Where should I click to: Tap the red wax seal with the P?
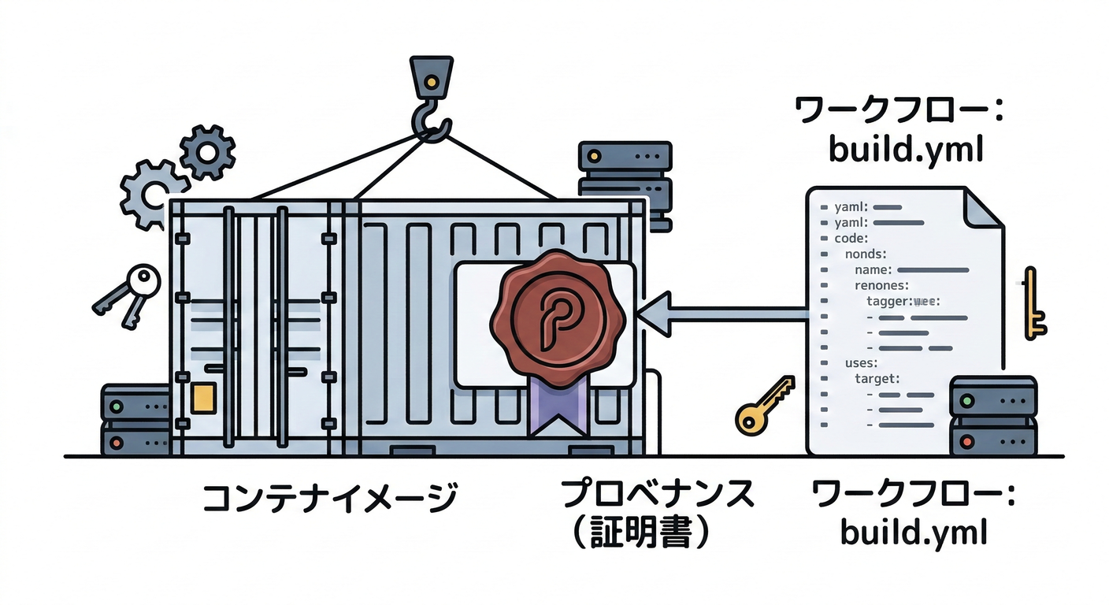coord(557,314)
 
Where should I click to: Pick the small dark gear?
coord(207,151)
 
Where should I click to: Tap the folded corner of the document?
coord(981,207)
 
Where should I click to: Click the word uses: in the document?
coord(862,363)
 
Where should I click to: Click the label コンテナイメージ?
coord(330,498)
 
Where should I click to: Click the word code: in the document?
coord(850,238)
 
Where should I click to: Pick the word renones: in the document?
coord(882,285)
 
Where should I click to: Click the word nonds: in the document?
coord(866,254)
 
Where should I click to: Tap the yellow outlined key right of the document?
coord(1033,303)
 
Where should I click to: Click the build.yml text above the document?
coord(906,150)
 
